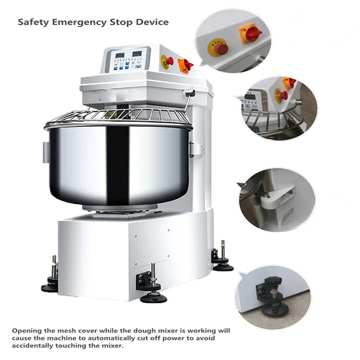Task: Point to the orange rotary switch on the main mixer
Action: click(x=185, y=66)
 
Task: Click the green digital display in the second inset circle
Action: click(x=250, y=97)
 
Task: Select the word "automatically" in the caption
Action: click(x=118, y=338)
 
